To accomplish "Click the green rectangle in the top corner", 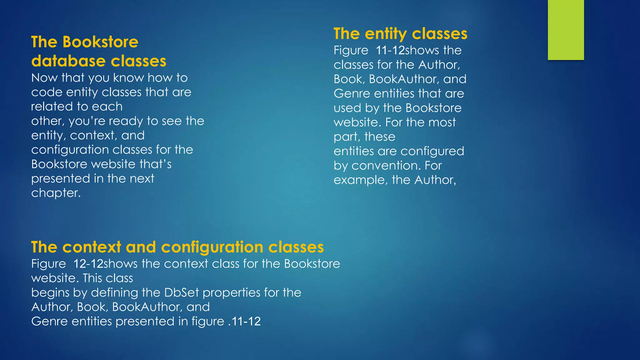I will [566, 30].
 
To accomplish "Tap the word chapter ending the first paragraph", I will [56, 193].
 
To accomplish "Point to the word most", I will [442, 122].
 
